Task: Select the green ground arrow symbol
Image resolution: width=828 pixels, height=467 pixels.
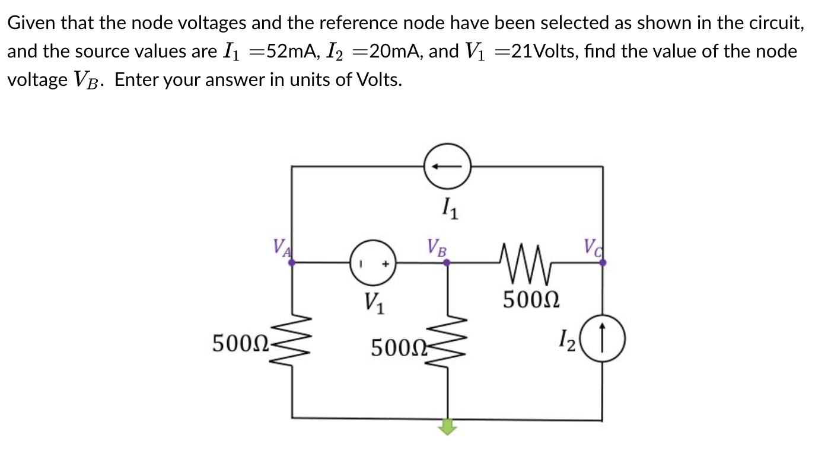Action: click(x=448, y=426)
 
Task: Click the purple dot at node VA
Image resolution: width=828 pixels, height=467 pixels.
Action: click(x=291, y=262)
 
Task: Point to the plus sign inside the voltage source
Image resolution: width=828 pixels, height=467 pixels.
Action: click(x=384, y=264)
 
